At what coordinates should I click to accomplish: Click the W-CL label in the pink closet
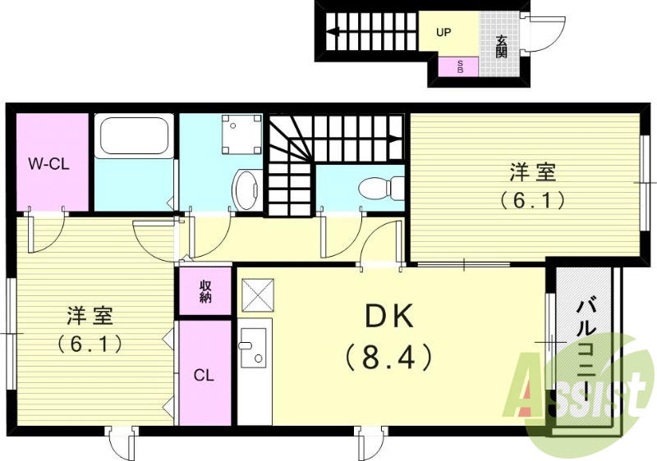[49, 163]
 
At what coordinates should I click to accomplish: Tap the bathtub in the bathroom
[134, 137]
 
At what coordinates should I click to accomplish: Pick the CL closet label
[204, 376]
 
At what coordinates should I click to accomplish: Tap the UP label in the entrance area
[443, 34]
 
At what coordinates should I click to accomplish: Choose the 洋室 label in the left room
[90, 315]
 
